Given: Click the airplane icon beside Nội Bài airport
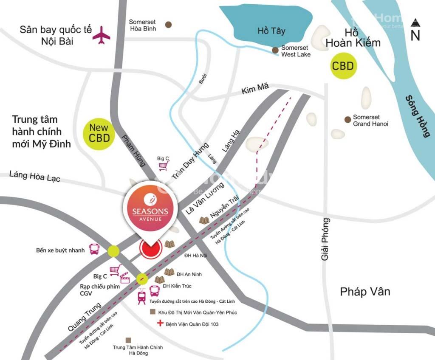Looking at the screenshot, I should (x=102, y=35).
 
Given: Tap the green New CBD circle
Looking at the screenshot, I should (x=99, y=132).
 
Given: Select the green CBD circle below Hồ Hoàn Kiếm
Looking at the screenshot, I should (x=343, y=66).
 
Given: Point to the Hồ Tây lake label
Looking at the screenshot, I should (x=271, y=31).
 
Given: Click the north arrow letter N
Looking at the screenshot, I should (x=415, y=36).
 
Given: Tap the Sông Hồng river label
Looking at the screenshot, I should (x=417, y=116).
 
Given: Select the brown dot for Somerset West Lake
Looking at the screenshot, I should (x=275, y=50).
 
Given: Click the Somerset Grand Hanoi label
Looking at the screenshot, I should (x=370, y=121).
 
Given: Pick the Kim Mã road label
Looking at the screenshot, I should (x=253, y=90).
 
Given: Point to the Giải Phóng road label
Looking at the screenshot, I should (x=325, y=239).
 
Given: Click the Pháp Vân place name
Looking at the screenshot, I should (x=365, y=292).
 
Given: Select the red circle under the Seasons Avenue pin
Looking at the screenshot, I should (x=150, y=249).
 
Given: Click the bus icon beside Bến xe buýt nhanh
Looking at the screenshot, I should (x=94, y=250).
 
